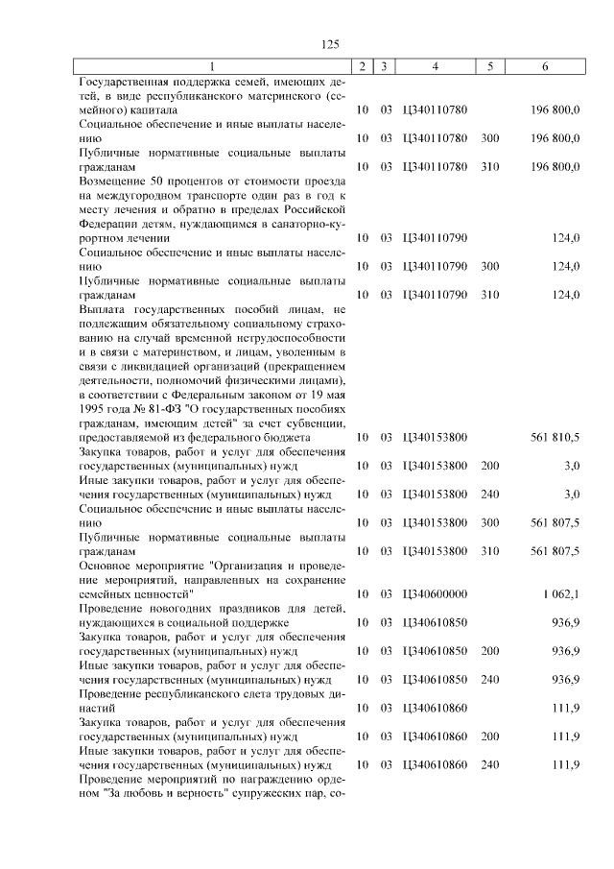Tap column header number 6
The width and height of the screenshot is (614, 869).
point(545,66)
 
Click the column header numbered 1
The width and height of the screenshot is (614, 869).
point(213,66)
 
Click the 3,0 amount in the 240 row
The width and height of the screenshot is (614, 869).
point(571,494)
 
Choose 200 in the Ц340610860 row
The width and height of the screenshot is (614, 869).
point(489,736)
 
